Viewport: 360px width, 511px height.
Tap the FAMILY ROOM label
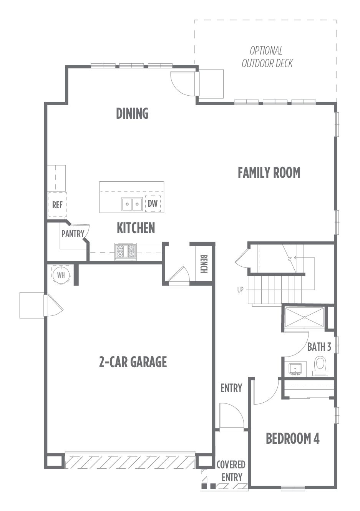(269, 173)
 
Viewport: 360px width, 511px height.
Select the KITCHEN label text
(136, 228)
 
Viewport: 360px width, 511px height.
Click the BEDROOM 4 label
(293, 438)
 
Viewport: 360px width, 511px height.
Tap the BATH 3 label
(319, 347)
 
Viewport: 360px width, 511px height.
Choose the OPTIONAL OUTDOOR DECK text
(267, 57)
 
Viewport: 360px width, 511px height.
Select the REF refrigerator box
(57, 204)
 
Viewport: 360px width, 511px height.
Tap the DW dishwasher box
(153, 204)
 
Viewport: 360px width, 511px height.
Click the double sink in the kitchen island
(132, 204)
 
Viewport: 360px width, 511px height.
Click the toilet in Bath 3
(320, 366)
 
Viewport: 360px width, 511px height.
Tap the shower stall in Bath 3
(304, 317)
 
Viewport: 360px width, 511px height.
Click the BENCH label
(204, 264)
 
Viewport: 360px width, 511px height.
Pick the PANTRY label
(73, 234)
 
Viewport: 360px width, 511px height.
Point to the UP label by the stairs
(240, 290)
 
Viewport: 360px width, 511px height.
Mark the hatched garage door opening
(130, 461)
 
